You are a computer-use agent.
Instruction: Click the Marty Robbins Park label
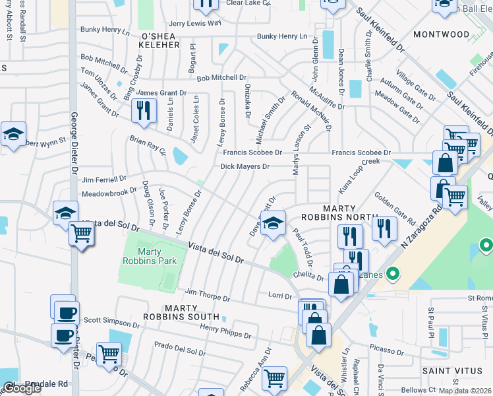(149, 256)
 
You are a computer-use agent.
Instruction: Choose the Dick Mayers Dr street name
(245, 167)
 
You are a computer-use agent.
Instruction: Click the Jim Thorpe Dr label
(207, 294)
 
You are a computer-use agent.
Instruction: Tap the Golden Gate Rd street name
(394, 207)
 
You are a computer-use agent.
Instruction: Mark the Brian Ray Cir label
(148, 145)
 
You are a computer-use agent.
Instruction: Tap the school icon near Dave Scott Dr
(272, 223)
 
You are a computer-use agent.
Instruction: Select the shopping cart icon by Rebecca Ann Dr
(274, 379)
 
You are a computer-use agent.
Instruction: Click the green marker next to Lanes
(393, 272)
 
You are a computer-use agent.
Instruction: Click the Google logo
(22, 387)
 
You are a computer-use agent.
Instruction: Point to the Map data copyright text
(465, 391)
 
